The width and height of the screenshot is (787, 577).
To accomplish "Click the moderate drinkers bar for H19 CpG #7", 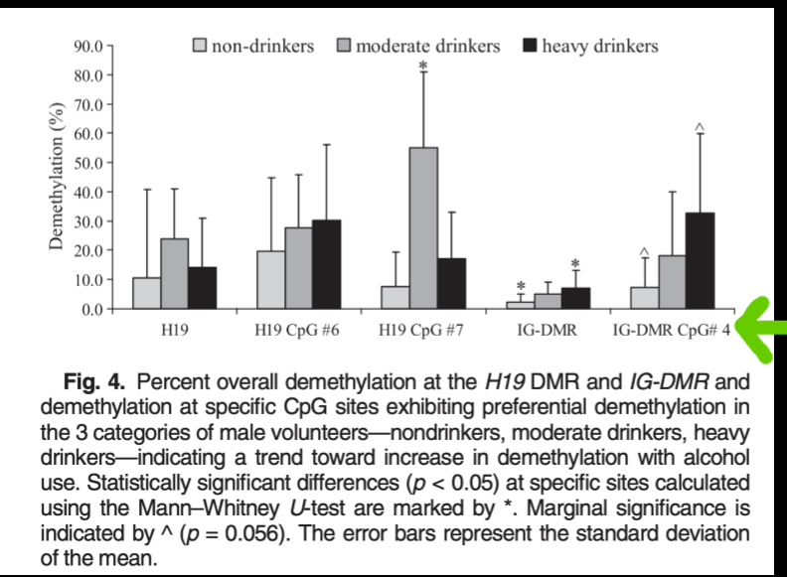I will [423, 227].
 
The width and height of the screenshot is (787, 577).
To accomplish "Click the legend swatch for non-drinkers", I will [201, 46].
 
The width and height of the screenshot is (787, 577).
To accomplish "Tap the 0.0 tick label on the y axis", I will [91, 308].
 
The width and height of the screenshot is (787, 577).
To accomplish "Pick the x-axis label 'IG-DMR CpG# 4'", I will [671, 331].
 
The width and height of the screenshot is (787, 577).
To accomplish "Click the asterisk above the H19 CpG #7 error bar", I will [423, 66].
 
